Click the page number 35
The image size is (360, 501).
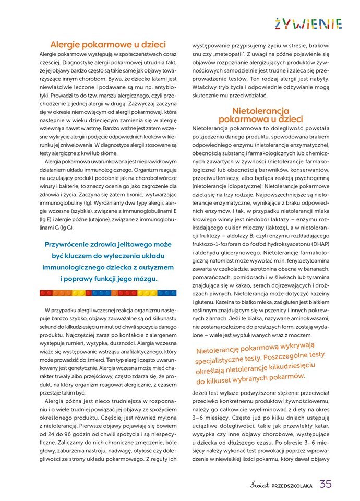326,484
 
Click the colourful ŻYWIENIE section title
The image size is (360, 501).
308,24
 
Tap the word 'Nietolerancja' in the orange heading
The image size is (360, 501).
260,111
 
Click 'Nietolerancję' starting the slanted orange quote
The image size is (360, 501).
219,349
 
